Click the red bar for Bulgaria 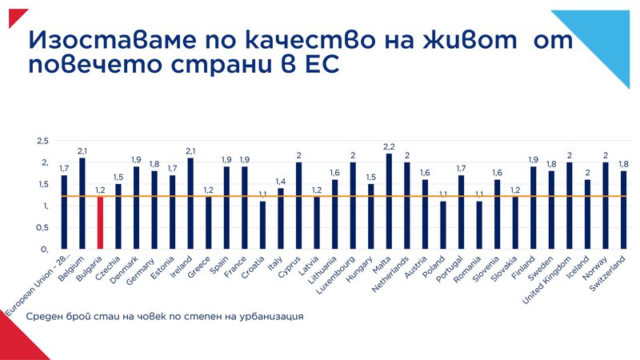click(x=101, y=223)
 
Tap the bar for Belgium click(x=82, y=204)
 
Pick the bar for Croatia click(x=263, y=226)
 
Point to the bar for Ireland click(x=190, y=204)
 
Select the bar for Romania click(x=480, y=226)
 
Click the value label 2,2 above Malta click(x=390, y=146)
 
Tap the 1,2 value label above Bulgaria click(x=101, y=190)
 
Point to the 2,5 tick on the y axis click(x=42, y=141)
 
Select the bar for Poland click(x=444, y=226)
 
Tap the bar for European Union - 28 click(x=65, y=213)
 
